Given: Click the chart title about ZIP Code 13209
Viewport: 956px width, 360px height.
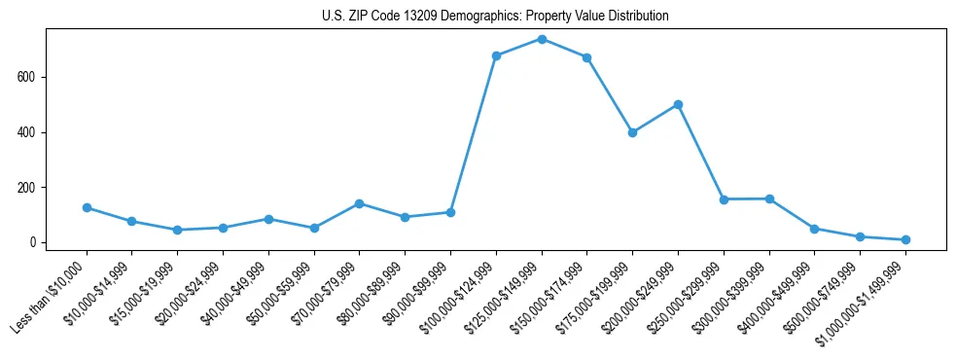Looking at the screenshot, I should (x=495, y=17).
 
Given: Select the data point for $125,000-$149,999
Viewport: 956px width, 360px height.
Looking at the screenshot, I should (x=542, y=39).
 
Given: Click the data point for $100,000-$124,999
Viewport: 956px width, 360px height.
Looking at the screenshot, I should (x=496, y=55).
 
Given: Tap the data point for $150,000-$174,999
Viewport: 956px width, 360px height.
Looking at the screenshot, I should (x=587, y=57).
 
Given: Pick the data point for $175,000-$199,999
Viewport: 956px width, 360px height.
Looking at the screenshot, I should (x=633, y=132).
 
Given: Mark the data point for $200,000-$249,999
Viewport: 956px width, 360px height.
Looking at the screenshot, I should (x=678, y=104).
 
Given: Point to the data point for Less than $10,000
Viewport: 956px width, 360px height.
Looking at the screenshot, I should (x=87, y=207).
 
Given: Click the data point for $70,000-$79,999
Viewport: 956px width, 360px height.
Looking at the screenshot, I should (x=360, y=203).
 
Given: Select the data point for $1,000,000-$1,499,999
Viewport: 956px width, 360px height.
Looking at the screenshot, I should (x=905, y=239).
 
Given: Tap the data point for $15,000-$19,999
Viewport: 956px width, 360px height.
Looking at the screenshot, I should (x=177, y=230).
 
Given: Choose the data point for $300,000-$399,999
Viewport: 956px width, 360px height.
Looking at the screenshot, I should (x=769, y=198).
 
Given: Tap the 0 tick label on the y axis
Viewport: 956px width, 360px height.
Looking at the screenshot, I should (x=35, y=242).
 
